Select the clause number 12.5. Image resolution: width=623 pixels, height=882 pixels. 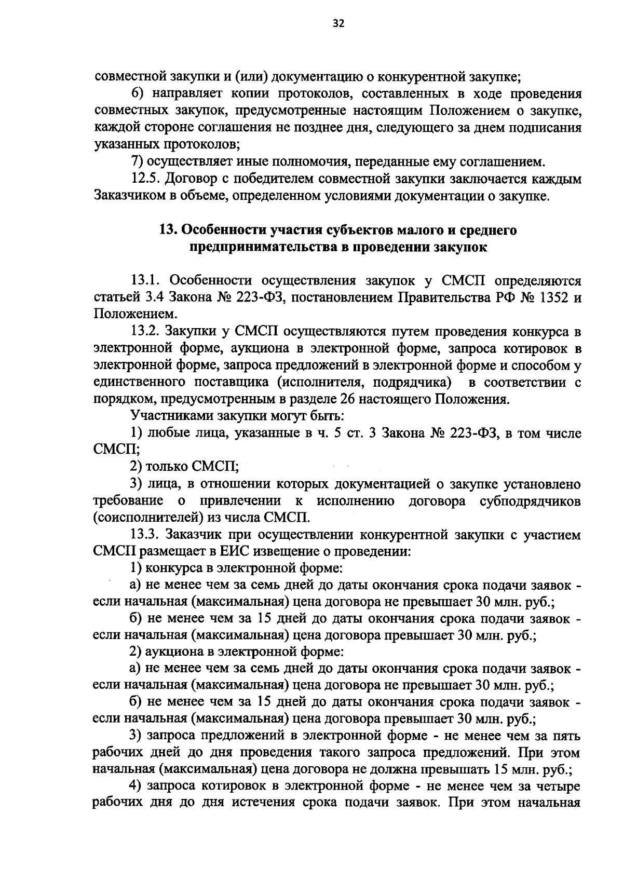(147, 179)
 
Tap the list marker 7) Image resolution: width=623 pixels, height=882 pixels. (137, 162)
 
